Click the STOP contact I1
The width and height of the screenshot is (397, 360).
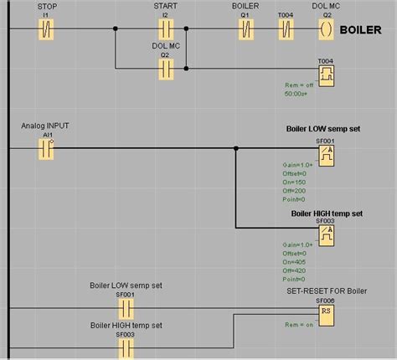(x=48, y=29)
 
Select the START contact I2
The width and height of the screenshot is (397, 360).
(x=166, y=29)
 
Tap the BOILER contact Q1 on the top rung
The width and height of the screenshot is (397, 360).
(x=245, y=29)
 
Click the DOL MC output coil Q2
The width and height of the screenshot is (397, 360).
(x=326, y=29)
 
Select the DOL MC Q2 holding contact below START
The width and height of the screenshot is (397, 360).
(x=166, y=70)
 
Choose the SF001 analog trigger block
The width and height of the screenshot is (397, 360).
(x=326, y=156)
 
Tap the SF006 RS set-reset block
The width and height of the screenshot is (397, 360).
(x=326, y=312)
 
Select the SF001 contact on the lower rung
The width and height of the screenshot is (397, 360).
(x=124, y=308)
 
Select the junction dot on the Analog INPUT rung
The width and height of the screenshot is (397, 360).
(x=236, y=149)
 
